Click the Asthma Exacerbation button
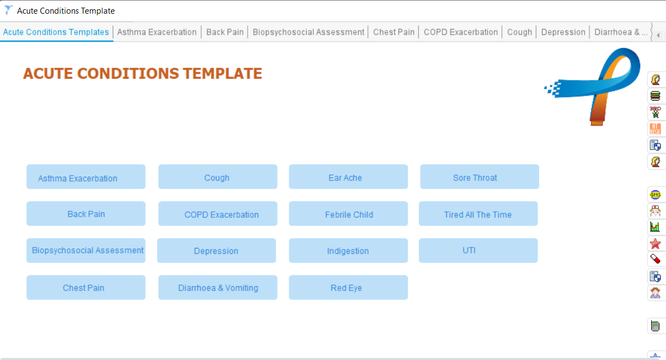(86, 177)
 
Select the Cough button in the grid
(218, 177)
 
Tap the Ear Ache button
(348, 177)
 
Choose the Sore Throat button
(480, 177)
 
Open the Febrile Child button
(348, 213)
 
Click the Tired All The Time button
(478, 213)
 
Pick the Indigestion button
(348, 251)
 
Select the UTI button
(478, 251)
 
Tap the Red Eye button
(348, 287)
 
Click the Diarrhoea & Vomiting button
(218, 287)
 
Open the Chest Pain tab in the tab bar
(394, 32)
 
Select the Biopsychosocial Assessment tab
(308, 32)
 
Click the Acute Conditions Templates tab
(56, 32)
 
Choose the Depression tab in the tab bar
(563, 32)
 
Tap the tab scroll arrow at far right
(658, 35)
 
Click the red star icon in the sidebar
(655, 243)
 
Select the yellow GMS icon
(655, 195)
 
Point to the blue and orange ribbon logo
(592, 86)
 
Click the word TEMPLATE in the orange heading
(223, 73)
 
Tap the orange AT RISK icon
(655, 129)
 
